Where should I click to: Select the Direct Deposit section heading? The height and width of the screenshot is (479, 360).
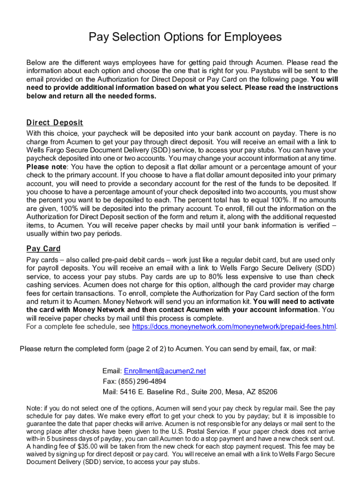[55, 123]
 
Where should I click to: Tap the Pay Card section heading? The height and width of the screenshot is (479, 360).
[43, 249]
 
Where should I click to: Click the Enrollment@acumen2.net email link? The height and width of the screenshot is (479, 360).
[165, 371]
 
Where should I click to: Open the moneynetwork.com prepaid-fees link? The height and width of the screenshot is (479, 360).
[234, 327]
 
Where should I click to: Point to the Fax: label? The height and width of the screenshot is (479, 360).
[109, 381]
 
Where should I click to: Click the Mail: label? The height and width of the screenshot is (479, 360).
[110, 392]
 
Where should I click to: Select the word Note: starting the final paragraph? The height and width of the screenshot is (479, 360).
[35, 408]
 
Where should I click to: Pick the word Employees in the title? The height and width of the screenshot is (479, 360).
[253, 37]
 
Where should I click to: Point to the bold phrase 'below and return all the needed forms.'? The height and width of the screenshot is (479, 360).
[91, 96]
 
